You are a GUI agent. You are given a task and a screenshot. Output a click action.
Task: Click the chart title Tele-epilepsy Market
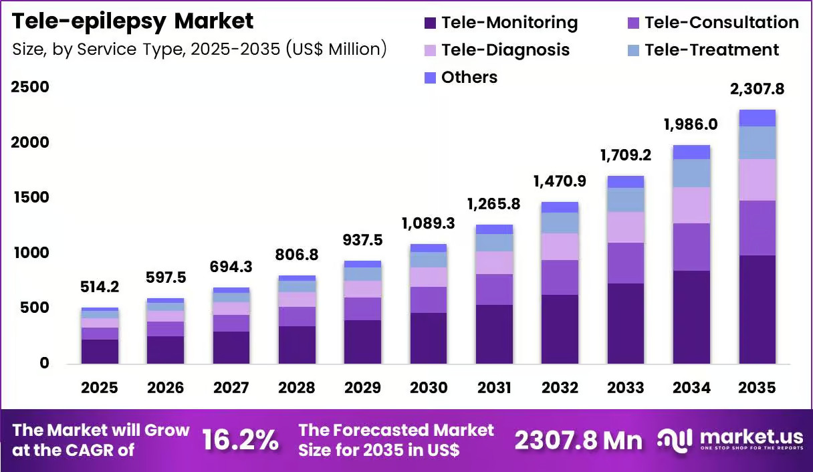pyautogui.click(x=132, y=21)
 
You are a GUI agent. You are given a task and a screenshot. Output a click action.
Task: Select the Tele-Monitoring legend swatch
pyautogui.click(x=430, y=23)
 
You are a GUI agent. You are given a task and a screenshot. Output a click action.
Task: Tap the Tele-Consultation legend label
pyautogui.click(x=722, y=23)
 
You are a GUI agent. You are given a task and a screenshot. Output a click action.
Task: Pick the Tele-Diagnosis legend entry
pyautogui.click(x=497, y=50)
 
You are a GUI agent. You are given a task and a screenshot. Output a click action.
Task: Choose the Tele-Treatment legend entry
pyautogui.click(x=703, y=50)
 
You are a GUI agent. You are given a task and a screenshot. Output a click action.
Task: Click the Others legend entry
pyautogui.click(x=461, y=78)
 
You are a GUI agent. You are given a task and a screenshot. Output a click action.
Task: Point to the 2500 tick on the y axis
pyautogui.click(x=30, y=87)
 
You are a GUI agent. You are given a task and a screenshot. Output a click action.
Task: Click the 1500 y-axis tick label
pyautogui.click(x=31, y=198)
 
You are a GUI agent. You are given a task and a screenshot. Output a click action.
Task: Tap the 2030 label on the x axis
pyautogui.click(x=429, y=388)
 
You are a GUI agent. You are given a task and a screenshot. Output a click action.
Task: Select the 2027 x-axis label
pyautogui.click(x=231, y=388)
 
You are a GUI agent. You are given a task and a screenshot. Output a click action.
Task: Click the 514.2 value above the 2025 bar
pyautogui.click(x=100, y=287)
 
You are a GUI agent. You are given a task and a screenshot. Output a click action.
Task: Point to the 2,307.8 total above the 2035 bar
pyautogui.click(x=757, y=89)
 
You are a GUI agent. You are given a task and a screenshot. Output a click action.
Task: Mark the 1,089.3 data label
pyautogui.click(x=429, y=223)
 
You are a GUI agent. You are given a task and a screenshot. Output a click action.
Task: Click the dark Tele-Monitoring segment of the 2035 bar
pyautogui.click(x=758, y=310)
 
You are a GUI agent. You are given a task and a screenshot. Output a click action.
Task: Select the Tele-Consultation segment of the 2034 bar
pyautogui.click(x=692, y=247)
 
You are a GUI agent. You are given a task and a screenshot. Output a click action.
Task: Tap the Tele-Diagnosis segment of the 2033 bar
pyautogui.click(x=626, y=227)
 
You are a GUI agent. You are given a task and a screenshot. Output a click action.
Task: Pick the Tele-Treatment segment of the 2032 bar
pyautogui.click(x=560, y=223)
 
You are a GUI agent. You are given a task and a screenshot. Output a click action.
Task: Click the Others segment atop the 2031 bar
pyautogui.click(x=494, y=229)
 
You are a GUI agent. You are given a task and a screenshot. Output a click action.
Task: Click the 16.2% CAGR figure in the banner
pyautogui.click(x=240, y=441)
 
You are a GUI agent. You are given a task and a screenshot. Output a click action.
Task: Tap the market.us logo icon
pyautogui.click(x=675, y=440)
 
